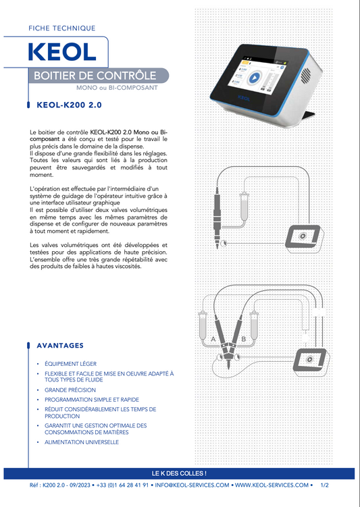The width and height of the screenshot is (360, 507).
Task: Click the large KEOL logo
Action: click(62, 52)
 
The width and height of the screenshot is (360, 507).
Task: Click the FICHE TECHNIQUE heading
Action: click(61, 28)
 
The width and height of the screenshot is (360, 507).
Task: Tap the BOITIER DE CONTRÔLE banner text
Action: click(95, 76)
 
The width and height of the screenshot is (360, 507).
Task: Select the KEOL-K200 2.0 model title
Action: click(69, 105)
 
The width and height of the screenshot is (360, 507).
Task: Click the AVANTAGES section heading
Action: click(60, 346)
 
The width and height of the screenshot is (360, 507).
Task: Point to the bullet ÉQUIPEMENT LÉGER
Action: click(70, 364)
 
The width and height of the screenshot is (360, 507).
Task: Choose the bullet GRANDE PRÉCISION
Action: click(70, 390)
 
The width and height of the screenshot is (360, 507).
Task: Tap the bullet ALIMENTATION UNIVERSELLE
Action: click(82, 442)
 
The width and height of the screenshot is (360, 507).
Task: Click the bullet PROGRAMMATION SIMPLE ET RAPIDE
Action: click(92, 400)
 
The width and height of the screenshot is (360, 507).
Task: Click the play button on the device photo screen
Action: click(254, 78)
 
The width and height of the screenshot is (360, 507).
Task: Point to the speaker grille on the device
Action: click(306, 75)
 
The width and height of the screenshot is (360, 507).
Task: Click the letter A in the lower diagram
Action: click(213, 339)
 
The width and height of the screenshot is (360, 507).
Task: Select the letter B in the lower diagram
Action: click(244, 339)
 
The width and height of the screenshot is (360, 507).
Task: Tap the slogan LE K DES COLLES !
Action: click(179, 473)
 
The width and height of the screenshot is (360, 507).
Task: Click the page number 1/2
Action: click(324, 485)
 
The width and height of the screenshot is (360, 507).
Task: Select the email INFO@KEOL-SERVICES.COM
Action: click(192, 485)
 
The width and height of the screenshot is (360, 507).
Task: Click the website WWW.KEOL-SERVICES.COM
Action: click(272, 485)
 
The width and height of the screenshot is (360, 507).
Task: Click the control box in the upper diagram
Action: click(303, 237)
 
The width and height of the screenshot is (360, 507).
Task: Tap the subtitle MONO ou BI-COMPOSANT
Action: click(117, 88)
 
